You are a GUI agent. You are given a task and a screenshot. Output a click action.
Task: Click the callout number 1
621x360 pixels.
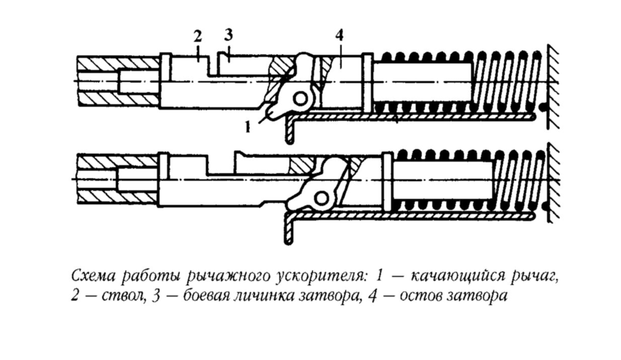click(x=248, y=128)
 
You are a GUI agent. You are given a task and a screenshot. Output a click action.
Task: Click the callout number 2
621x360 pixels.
click(x=197, y=36)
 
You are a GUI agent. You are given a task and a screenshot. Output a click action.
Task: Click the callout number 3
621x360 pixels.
click(x=228, y=36)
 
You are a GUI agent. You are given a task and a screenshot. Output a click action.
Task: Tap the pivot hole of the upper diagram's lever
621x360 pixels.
click(x=301, y=99)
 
